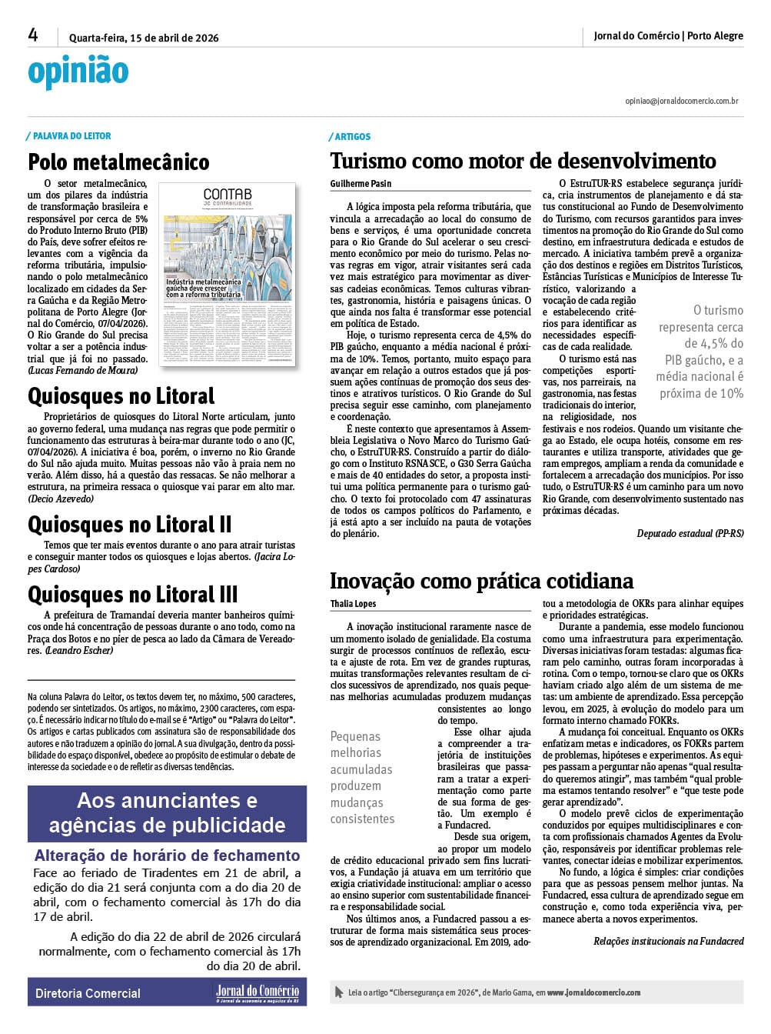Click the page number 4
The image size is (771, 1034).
coord(33,35)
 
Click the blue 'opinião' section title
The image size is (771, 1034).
coord(78,72)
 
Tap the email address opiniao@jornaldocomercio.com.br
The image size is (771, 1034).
coord(682,101)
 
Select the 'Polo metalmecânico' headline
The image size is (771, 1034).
coord(118,162)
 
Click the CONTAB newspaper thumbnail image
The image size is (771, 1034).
coord(228,274)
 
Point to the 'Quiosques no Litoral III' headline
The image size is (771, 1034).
coord(133,595)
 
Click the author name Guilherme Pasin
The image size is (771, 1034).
coord(361,184)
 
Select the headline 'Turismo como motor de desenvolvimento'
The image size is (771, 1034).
coord(523,161)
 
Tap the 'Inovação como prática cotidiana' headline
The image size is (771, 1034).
coord(481,581)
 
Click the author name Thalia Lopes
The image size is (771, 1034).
coord(353,604)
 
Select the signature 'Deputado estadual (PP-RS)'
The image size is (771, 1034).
coord(690,533)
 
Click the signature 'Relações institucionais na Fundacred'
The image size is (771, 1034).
coord(668,941)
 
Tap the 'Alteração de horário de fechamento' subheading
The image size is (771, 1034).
coord(167,856)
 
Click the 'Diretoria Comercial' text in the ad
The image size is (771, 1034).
coord(88,993)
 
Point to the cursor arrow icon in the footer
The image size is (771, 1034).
coord(339,992)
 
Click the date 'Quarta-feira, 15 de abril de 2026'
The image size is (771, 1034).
coord(144,38)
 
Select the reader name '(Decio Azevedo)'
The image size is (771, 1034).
coord(61,499)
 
